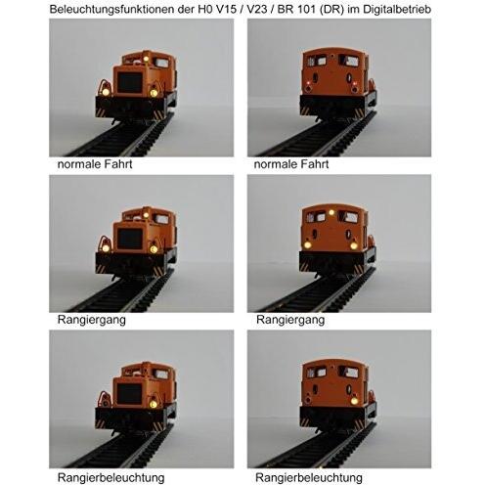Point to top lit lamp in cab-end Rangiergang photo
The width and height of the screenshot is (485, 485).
click(331, 211)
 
